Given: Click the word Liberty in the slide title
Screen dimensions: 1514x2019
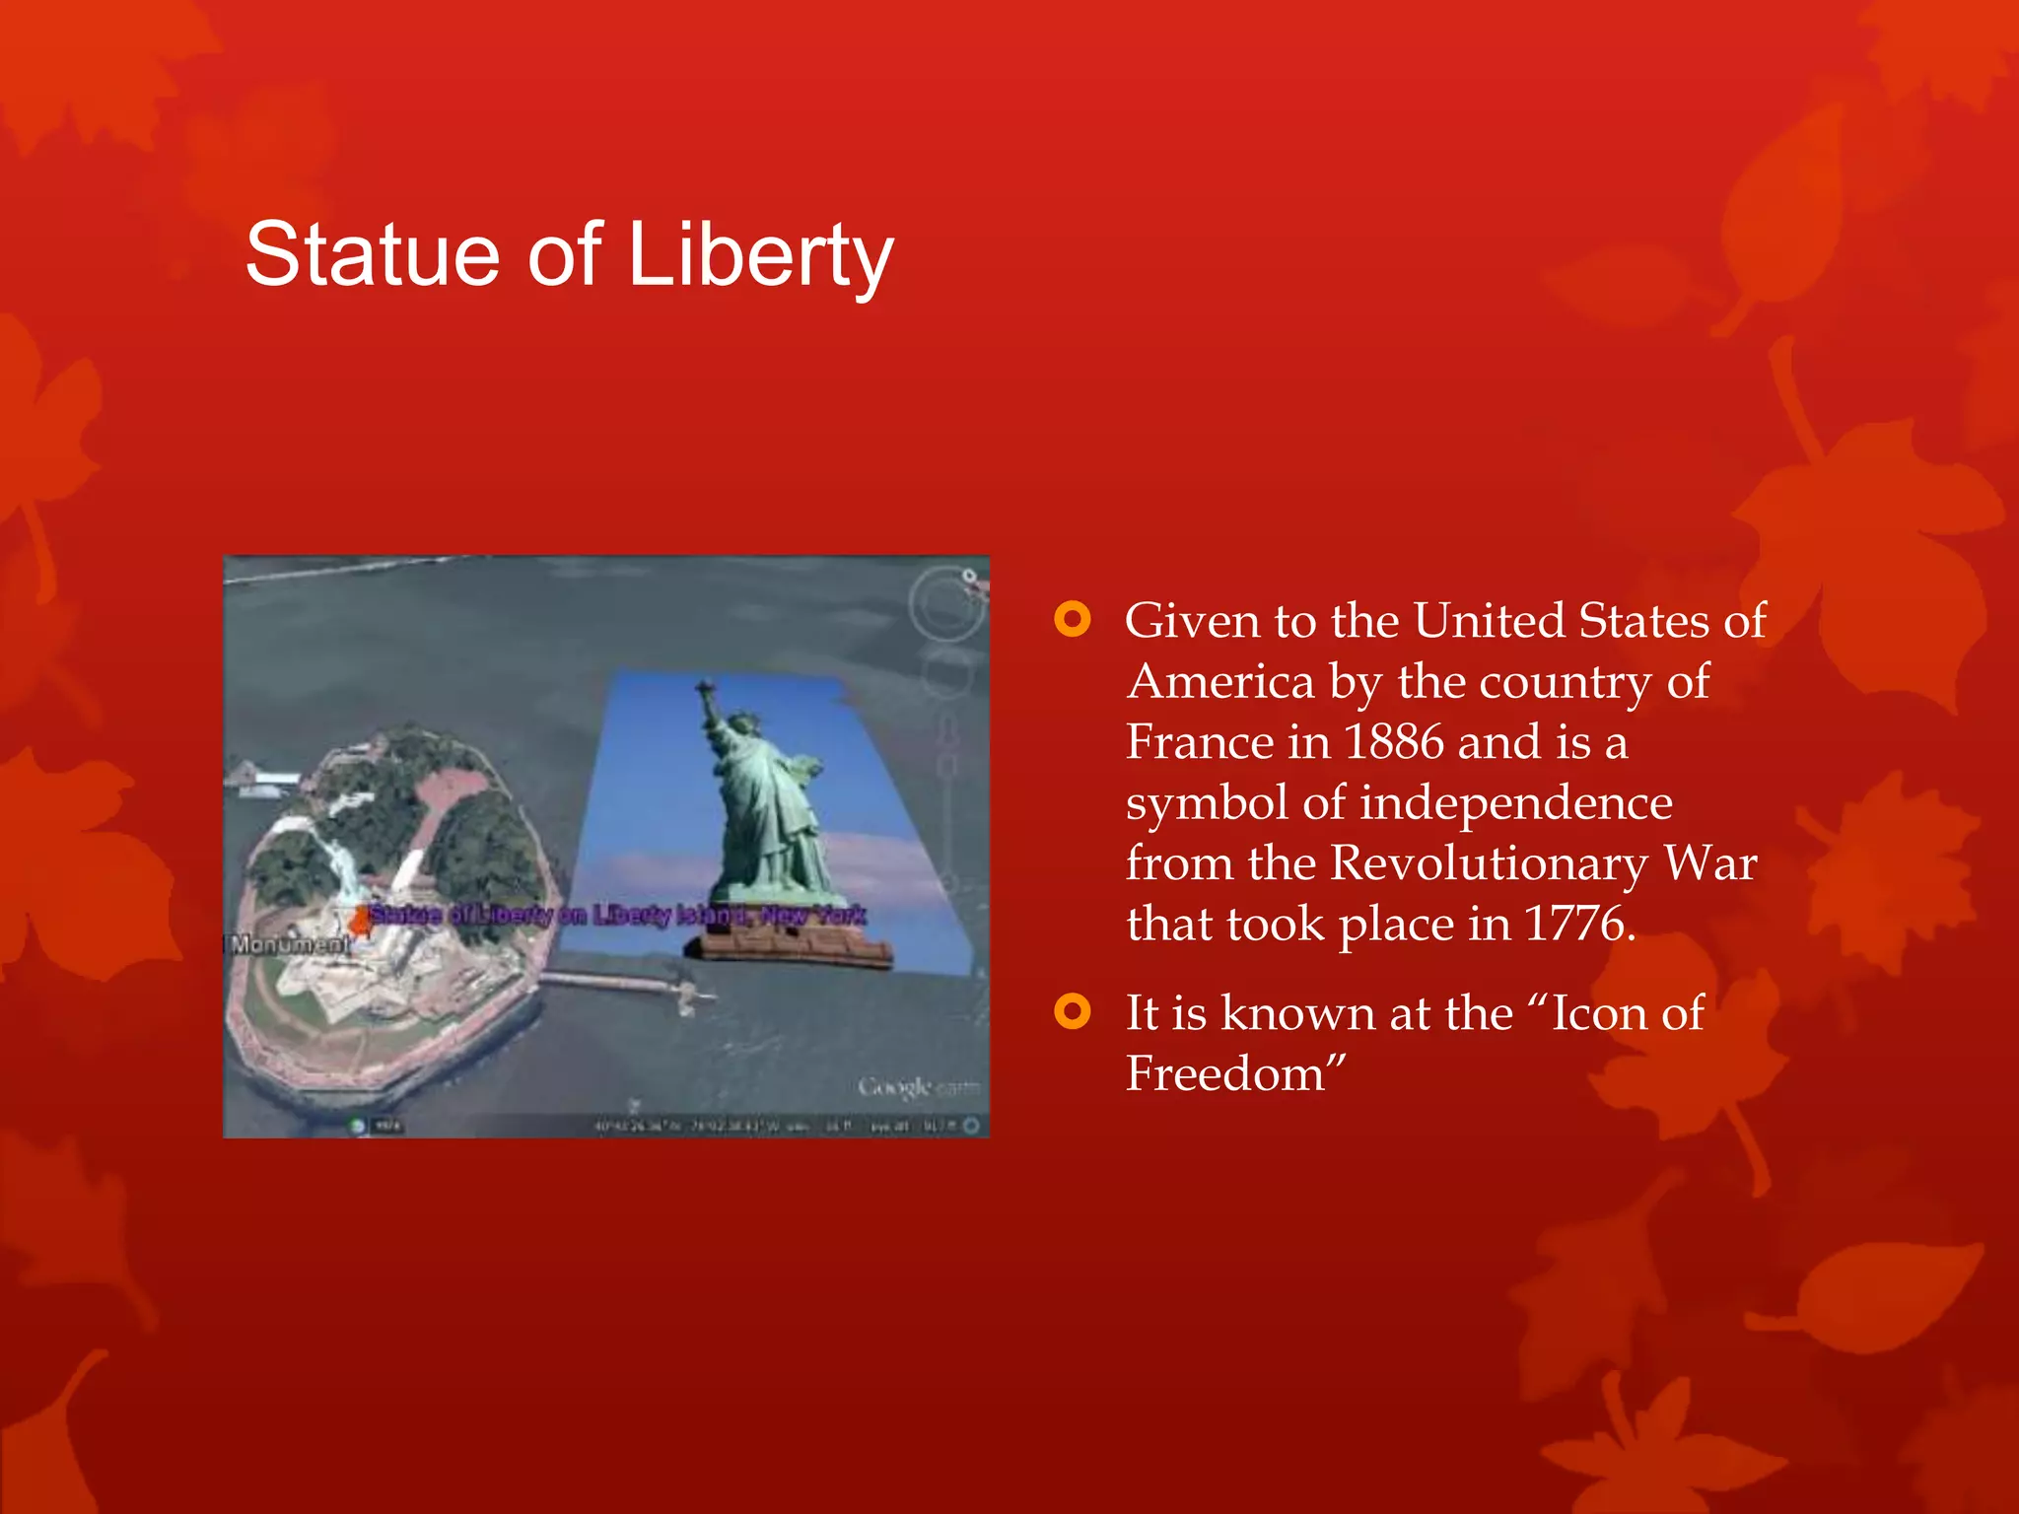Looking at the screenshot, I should [x=760, y=255].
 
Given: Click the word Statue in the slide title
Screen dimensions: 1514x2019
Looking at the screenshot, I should [x=373, y=255].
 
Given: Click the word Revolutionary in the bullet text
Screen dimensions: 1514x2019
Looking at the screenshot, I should [x=1489, y=863].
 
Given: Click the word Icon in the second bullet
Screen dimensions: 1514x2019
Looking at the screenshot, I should [x=1596, y=1012].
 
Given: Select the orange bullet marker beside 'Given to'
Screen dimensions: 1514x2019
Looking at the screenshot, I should [x=1073, y=620].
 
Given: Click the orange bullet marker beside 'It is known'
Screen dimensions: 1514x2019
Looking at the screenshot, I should [x=1073, y=1011].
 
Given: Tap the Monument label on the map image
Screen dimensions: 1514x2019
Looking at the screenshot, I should [x=289, y=944].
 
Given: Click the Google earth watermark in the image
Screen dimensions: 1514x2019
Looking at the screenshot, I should [x=916, y=1086].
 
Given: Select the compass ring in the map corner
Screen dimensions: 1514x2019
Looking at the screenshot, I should [x=946, y=602].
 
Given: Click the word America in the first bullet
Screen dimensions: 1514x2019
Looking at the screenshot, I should [x=1220, y=681].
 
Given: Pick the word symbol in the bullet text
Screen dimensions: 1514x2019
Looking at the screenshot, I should [x=1207, y=802].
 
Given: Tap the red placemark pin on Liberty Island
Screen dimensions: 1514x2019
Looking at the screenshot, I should [x=361, y=922].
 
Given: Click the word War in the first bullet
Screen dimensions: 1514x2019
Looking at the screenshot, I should [x=1710, y=863].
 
